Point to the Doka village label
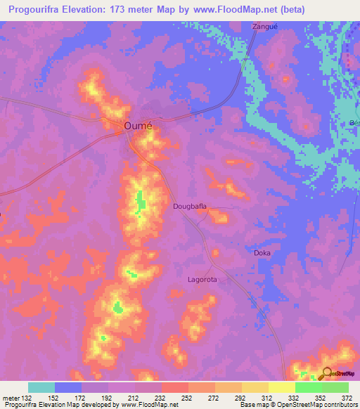tap(262, 252)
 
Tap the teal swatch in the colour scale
tap(41, 387)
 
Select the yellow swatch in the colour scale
tap(281, 387)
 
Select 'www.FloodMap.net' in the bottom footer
tap(150, 405)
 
